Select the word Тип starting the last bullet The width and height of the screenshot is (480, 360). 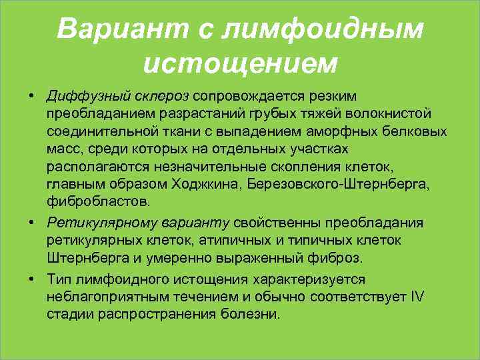click(59, 279)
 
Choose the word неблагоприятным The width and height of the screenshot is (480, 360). click(104, 297)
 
